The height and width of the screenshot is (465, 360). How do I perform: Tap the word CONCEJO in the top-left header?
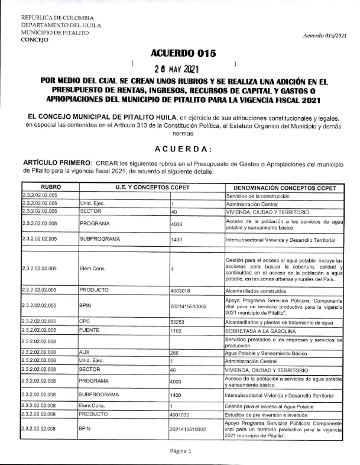[35, 41]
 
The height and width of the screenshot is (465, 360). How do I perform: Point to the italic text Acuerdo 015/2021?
[325, 36]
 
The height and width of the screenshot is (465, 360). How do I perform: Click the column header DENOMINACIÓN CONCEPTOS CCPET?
[284, 188]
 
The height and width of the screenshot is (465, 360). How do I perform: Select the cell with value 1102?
[176, 332]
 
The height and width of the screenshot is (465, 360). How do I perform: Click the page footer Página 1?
[180, 451]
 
